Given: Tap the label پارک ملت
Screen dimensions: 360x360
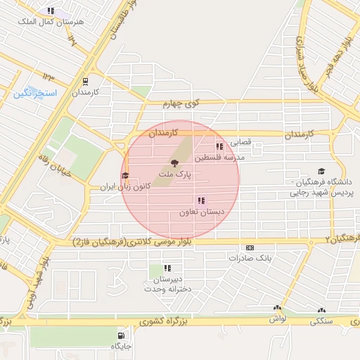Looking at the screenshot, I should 174,172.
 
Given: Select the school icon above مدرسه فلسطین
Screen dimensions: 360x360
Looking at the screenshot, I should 220,147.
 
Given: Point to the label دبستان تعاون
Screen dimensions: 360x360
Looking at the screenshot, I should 200,212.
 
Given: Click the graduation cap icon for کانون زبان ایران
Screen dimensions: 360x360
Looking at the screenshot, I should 125,176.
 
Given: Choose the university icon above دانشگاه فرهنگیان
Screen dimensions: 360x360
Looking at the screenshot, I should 322,171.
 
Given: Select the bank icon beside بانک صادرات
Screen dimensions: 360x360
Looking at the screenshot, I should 250,247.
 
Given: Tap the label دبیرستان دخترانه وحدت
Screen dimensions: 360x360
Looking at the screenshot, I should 167,284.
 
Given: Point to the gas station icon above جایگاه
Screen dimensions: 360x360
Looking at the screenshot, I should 122,335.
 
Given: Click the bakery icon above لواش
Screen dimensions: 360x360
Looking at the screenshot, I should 278,309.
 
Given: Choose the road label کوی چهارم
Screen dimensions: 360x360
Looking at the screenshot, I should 182,104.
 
